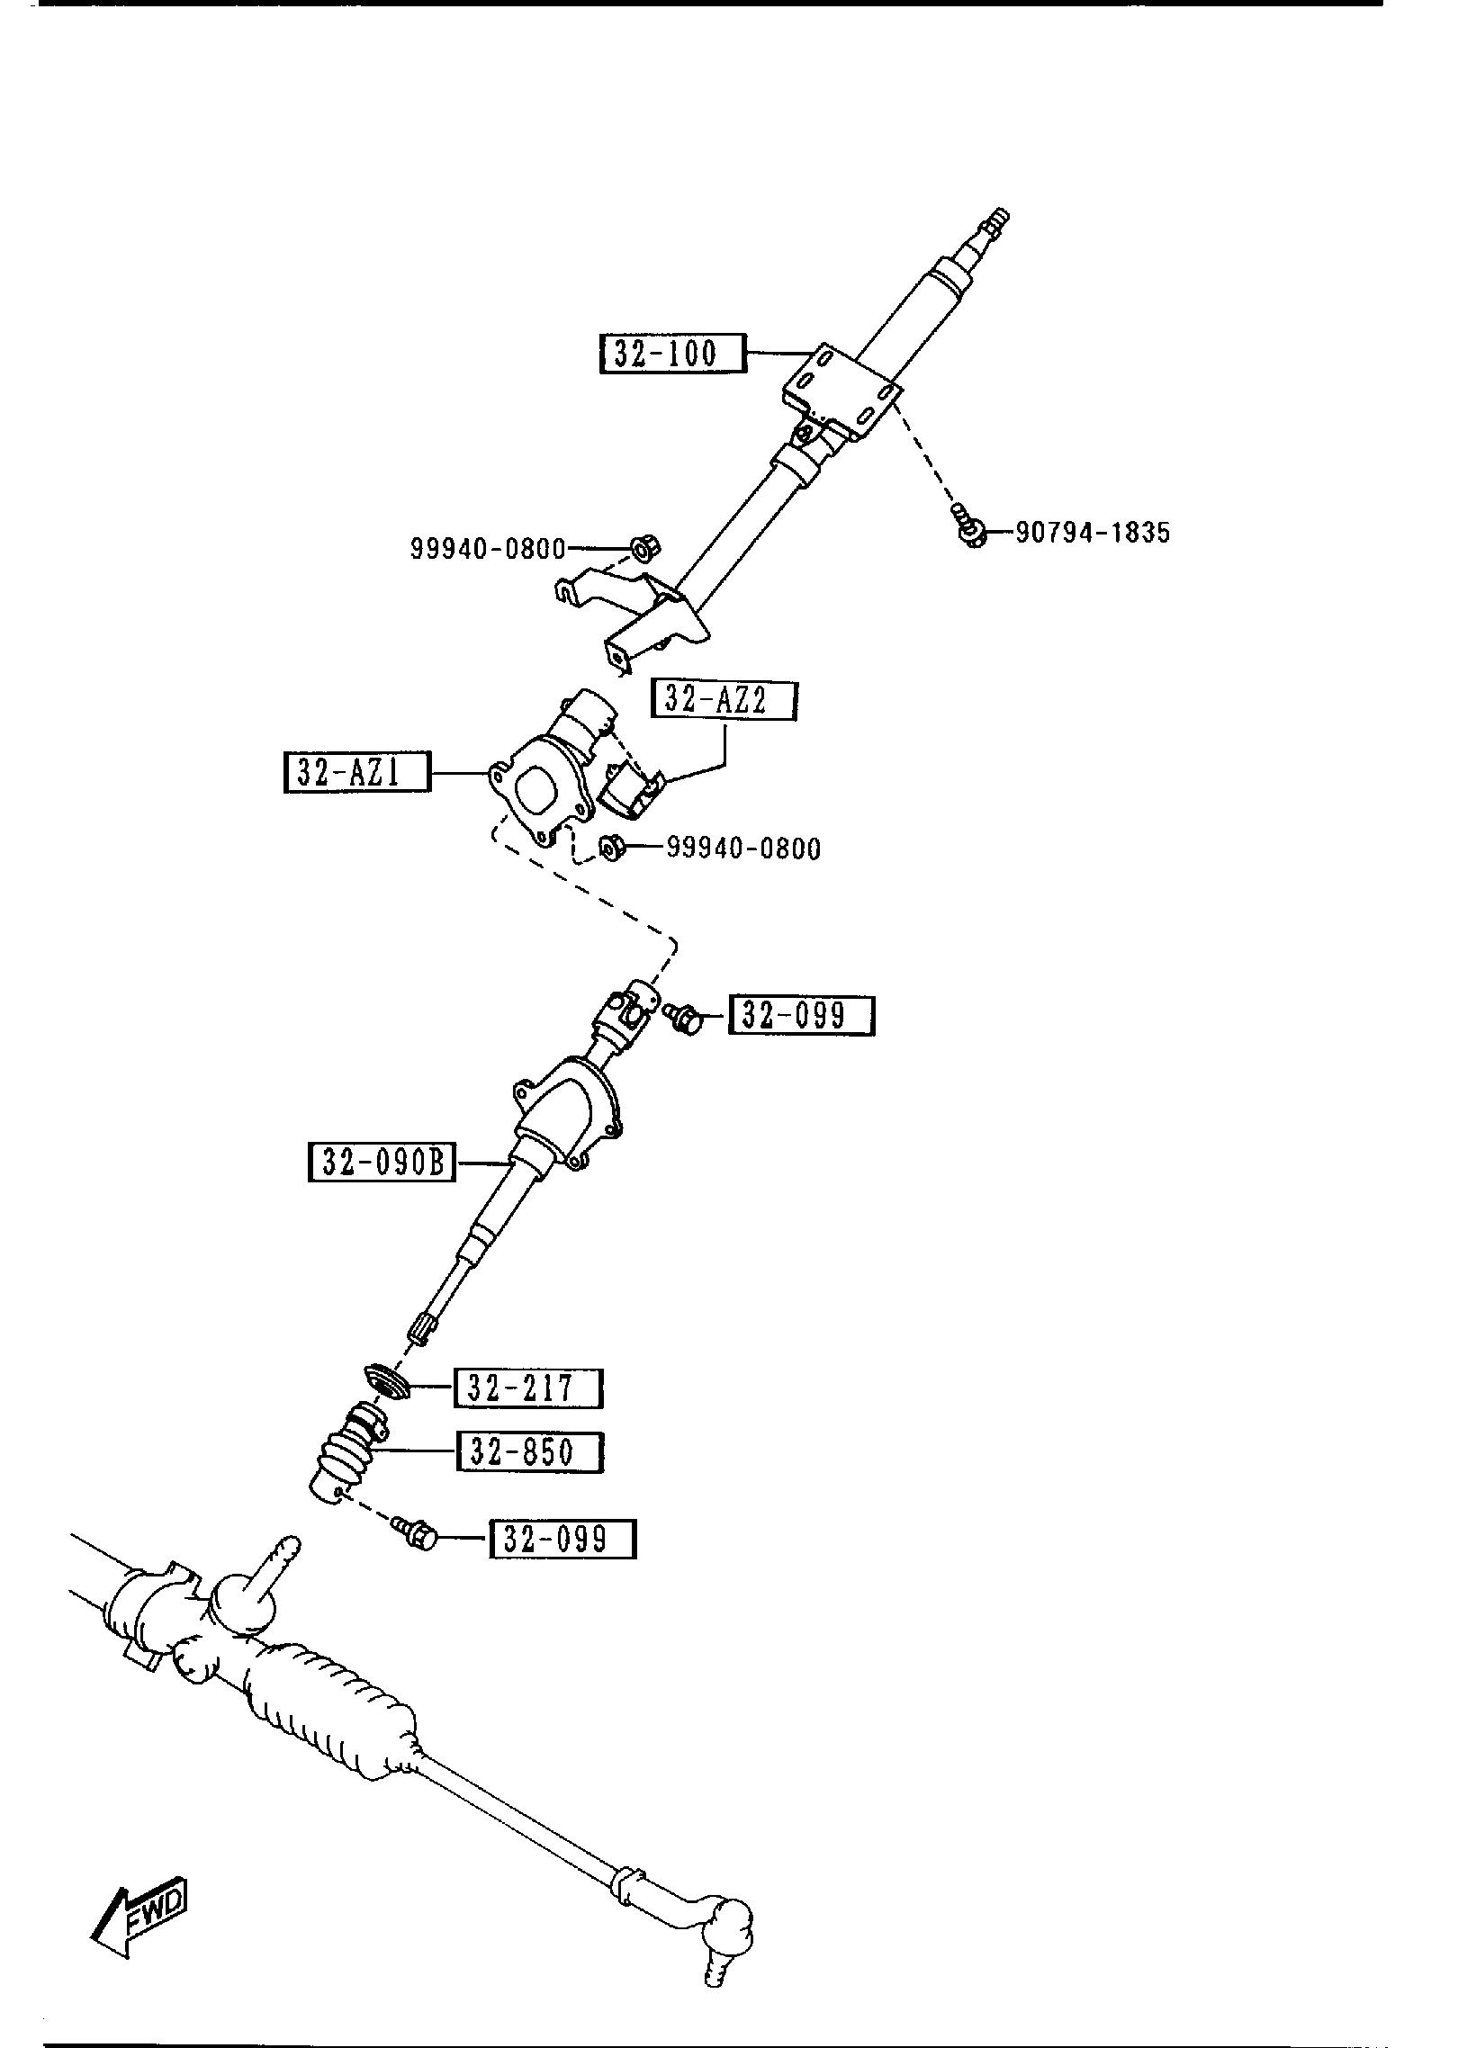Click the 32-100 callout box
click(672, 353)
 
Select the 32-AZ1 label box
click(356, 772)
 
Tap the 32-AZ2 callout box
click(724, 700)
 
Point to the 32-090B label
click(382, 1162)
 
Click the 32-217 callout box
click(528, 1414)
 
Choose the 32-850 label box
click(529, 1477)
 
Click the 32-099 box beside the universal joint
click(801, 1016)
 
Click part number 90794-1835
click(1093, 533)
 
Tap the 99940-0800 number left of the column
click(488, 548)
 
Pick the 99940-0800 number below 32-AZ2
click(743, 849)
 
